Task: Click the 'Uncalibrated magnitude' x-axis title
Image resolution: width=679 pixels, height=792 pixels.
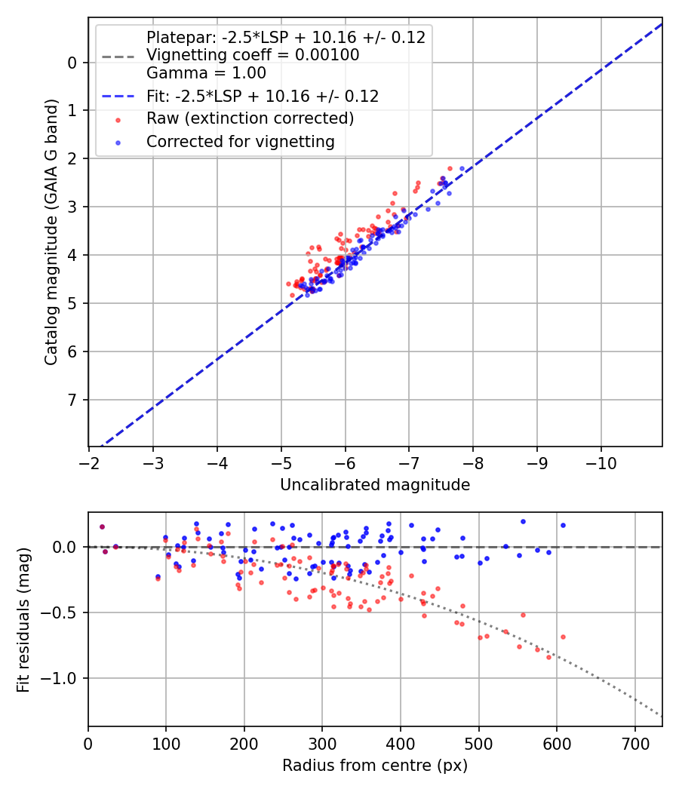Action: point(375,485)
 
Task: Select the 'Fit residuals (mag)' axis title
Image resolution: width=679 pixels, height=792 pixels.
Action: point(23,619)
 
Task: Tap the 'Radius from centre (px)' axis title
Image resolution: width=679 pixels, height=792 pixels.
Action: point(375,766)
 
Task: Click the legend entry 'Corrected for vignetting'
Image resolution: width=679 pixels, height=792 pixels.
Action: point(241,141)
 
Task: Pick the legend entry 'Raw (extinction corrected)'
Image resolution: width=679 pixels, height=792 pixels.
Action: point(250,118)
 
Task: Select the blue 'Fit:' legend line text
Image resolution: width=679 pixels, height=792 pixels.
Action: point(263,97)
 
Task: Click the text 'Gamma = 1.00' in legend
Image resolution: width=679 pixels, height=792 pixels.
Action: point(206,73)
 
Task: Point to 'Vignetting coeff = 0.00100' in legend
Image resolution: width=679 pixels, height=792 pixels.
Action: point(253,55)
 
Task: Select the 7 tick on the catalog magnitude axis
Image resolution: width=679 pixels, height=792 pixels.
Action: point(73,400)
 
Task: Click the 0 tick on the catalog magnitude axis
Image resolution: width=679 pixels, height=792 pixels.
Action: point(73,62)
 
